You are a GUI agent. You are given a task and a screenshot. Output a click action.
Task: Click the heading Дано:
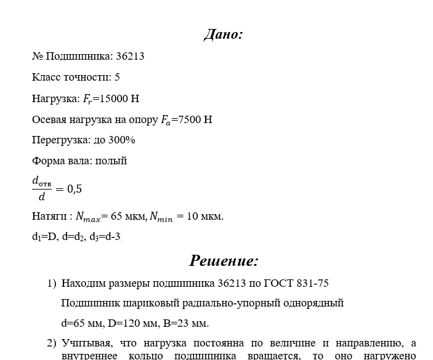click(223, 34)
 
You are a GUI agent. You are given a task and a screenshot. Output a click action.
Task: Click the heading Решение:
click(224, 261)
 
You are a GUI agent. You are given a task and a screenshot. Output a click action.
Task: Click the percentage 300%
click(123, 140)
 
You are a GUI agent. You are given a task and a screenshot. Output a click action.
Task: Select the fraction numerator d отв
click(42, 182)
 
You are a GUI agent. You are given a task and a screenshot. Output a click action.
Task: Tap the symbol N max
click(86, 217)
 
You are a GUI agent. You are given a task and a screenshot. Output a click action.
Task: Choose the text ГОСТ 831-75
click(296, 283)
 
